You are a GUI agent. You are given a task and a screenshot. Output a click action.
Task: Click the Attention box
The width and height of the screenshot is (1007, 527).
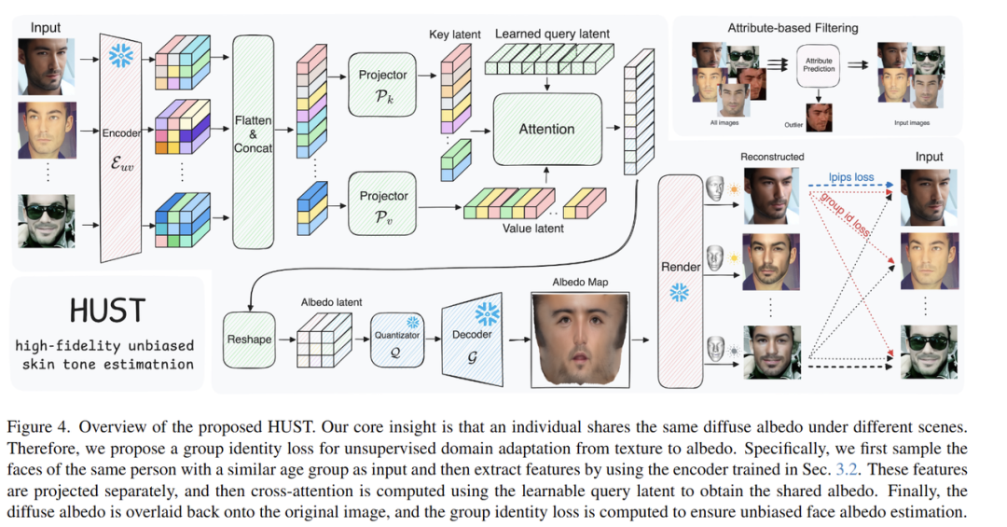pos(546,130)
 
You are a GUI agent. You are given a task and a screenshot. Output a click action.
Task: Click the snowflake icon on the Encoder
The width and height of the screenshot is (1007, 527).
pos(121,57)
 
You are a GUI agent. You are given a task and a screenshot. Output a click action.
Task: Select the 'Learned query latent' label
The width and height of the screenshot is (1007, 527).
pos(552,35)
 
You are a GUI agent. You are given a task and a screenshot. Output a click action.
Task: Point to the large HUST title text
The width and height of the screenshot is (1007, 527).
pos(107,311)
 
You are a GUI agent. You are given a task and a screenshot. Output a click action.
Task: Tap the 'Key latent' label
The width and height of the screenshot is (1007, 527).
pos(455,35)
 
